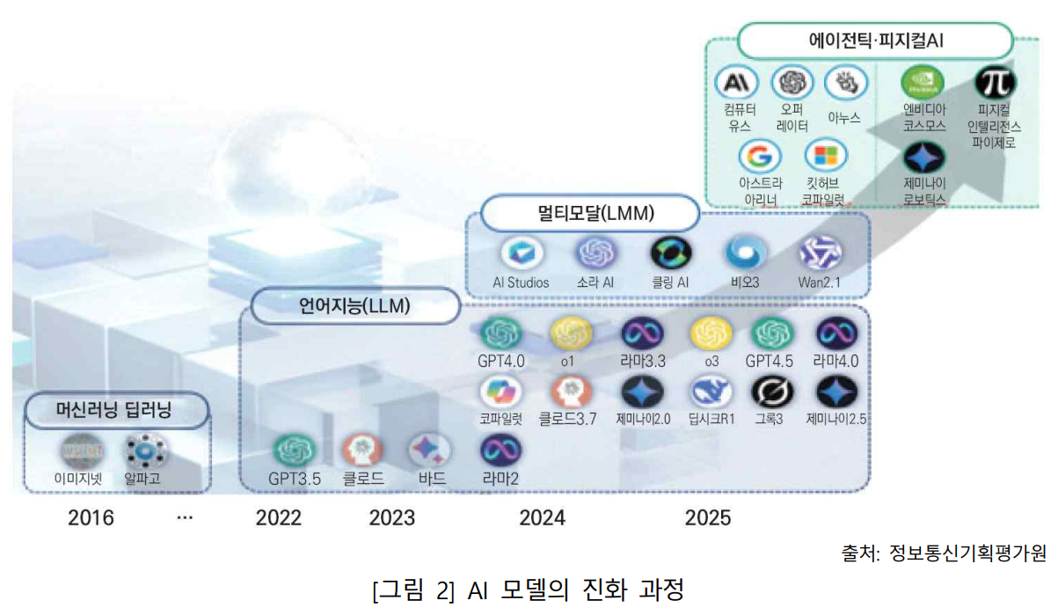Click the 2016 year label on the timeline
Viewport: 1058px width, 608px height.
point(91,517)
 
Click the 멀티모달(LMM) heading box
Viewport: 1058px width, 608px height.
point(591,213)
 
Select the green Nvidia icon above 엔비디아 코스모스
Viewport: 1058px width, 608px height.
point(923,84)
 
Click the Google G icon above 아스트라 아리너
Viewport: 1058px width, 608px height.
point(757,157)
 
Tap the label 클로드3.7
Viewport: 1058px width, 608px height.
point(567,419)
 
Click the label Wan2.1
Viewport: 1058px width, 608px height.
point(821,282)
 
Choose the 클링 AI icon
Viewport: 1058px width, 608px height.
point(671,253)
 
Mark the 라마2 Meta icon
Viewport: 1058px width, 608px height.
point(500,451)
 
